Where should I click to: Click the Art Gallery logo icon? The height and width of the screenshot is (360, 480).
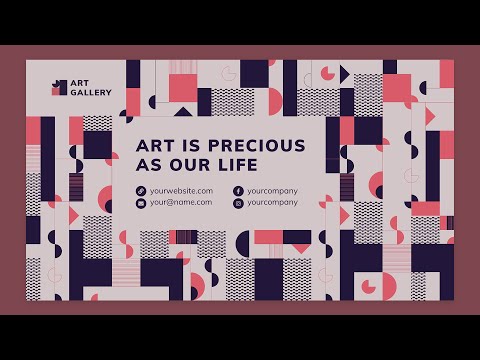pyautogui.click(x=59, y=87)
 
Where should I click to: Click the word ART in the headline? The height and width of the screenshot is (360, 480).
pyautogui.click(x=152, y=145)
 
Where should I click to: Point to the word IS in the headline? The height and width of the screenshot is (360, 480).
pyautogui.click(x=187, y=145)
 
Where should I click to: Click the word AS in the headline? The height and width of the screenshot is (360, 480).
pyautogui.click(x=148, y=165)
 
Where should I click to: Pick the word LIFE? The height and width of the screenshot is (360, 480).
pyautogui.click(x=236, y=165)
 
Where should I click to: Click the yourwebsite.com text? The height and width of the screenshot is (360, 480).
pyautogui.click(x=181, y=190)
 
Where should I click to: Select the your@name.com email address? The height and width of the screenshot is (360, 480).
pyautogui.click(x=181, y=202)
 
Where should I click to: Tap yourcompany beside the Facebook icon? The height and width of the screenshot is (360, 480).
pyautogui.click(x=273, y=190)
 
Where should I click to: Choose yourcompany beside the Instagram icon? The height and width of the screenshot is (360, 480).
pyautogui.click(x=273, y=202)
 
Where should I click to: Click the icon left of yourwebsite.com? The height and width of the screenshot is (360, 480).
pyautogui.click(x=141, y=190)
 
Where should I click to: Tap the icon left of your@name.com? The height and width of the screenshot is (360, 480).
pyautogui.click(x=141, y=203)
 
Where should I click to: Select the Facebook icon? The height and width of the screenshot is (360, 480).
pyautogui.click(x=238, y=190)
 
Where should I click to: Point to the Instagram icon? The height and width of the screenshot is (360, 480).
pyautogui.click(x=238, y=203)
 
